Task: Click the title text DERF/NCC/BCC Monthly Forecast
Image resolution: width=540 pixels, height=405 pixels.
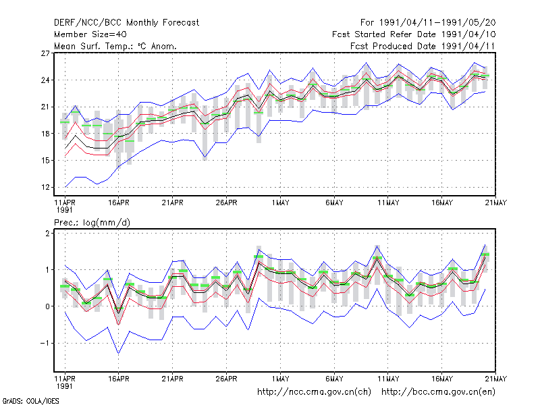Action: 126,23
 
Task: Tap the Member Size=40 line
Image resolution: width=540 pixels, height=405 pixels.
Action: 90,34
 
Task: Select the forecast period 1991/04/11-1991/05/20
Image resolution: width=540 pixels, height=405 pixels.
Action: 428,23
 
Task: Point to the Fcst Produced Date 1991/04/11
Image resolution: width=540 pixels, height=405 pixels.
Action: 423,46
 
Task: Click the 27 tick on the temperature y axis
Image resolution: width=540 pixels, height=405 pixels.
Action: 45,53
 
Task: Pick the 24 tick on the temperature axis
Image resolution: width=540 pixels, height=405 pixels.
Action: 45,80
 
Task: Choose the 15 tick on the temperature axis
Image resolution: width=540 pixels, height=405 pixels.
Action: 45,161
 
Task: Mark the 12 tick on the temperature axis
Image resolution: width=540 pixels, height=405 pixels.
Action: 45,188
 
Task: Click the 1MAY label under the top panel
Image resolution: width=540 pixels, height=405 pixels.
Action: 280,202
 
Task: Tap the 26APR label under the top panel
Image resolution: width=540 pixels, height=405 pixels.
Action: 227,202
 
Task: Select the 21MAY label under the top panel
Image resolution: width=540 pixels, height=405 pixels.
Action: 496,202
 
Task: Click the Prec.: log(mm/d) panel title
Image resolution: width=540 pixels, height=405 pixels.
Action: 92,223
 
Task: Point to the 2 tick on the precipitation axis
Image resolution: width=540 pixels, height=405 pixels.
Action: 47,233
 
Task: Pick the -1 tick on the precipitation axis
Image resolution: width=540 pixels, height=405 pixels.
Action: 45,343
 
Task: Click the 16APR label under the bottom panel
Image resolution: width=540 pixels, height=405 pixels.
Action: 119,379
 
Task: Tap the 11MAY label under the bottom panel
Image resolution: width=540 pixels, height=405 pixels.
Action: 388,379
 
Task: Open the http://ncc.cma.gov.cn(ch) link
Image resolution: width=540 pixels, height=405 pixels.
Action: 314,392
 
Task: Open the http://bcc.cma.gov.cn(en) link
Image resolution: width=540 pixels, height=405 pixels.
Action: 438,392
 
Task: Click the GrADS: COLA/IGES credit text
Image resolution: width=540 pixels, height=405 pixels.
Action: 30,401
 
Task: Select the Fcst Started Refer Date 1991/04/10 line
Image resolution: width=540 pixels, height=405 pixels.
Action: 414,34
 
